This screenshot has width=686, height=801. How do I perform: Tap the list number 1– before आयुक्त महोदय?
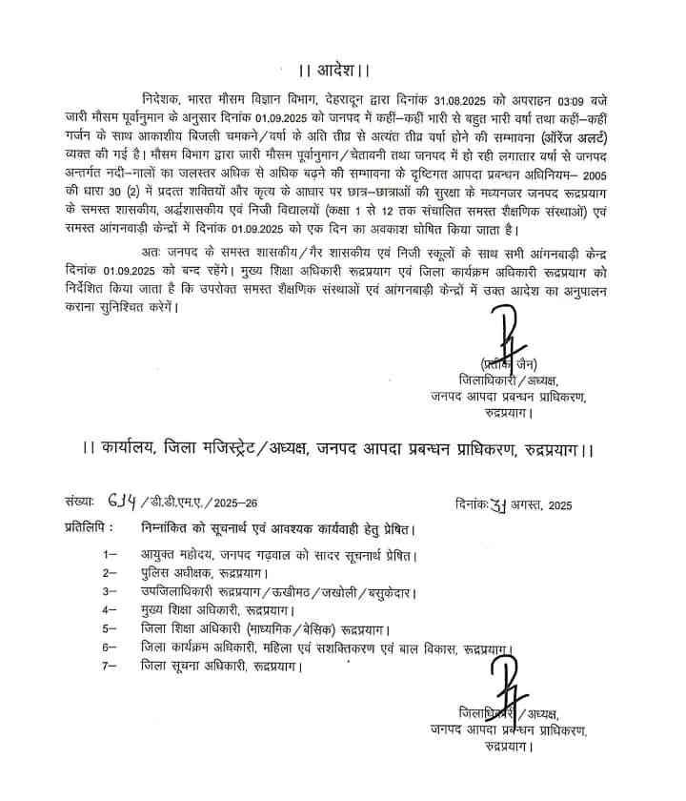111,554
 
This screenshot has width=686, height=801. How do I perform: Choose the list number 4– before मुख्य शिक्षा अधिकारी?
111,608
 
